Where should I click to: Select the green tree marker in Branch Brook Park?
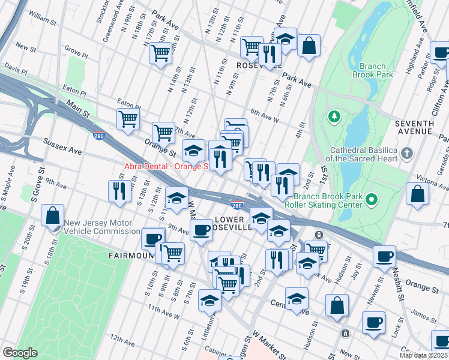[334, 115]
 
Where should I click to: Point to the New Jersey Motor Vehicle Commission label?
[103, 227]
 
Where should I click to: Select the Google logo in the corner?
[20, 352]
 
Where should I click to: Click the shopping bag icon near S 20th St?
[53, 214]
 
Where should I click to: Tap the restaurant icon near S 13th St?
[119, 190]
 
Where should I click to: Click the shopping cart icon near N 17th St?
[161, 53]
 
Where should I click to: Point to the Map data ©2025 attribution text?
[423, 355]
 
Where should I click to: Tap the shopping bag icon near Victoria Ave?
[417, 193]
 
